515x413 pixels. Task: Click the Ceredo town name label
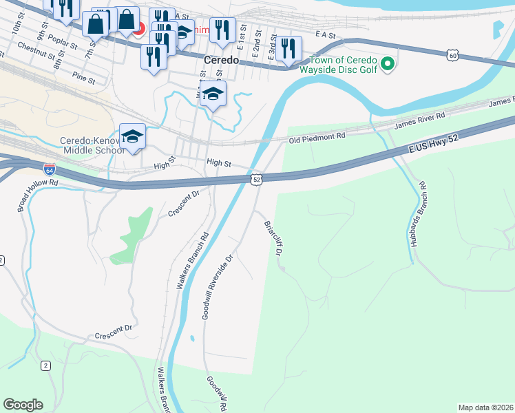coord(221,60)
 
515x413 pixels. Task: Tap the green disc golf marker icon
coord(388,65)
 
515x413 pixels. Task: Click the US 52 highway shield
coord(256,179)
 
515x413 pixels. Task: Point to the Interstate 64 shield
coord(49,169)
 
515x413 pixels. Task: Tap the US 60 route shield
coord(451,54)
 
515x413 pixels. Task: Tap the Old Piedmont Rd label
coord(317,138)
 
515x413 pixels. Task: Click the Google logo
coord(23,404)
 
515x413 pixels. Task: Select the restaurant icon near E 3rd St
coord(288,48)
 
